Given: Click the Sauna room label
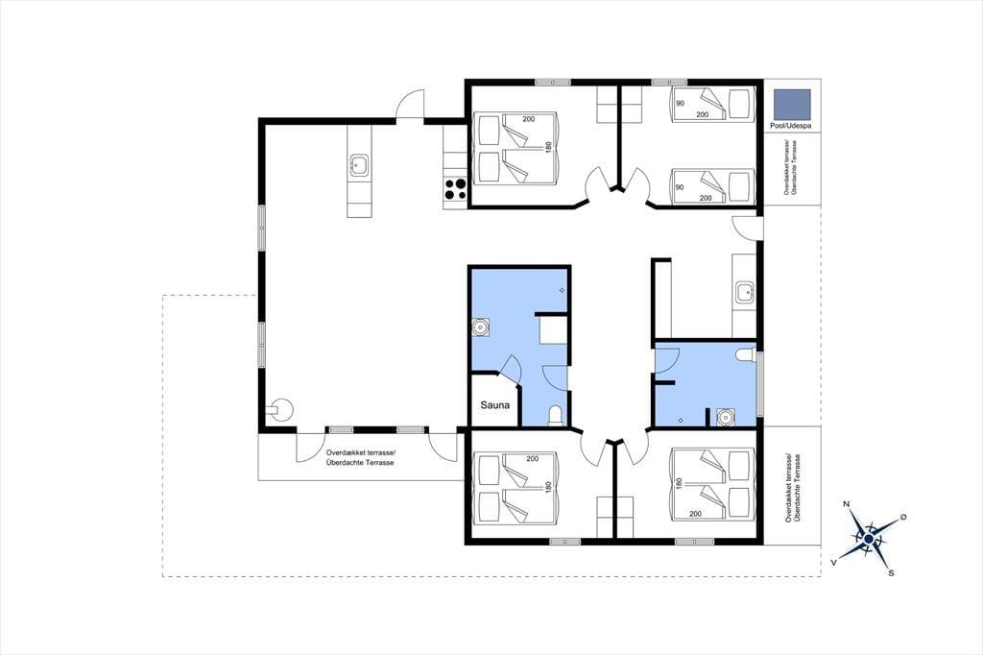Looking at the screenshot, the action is click(494, 405).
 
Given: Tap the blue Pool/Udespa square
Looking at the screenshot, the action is click(792, 104).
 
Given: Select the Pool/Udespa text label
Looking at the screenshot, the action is click(791, 126).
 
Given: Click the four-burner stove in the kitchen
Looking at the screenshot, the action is click(455, 189).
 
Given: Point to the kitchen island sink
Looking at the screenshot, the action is click(359, 165).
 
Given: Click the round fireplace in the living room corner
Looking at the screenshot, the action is click(279, 410).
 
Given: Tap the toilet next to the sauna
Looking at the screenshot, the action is click(556, 417).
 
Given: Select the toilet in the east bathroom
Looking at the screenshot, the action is click(745, 355).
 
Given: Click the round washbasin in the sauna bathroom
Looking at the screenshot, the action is click(481, 327).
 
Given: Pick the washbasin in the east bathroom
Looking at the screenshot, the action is click(726, 417).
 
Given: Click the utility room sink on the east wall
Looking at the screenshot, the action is click(745, 292).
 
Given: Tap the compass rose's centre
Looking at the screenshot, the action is click(868, 538).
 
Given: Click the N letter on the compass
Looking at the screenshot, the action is click(847, 504).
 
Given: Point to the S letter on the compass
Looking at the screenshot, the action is click(891, 572).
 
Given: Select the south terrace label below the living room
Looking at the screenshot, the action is click(361, 457).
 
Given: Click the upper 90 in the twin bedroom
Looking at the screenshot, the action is click(681, 104).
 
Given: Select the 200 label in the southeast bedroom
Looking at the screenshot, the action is click(695, 514).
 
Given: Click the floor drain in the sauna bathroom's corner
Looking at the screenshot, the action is click(562, 290).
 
